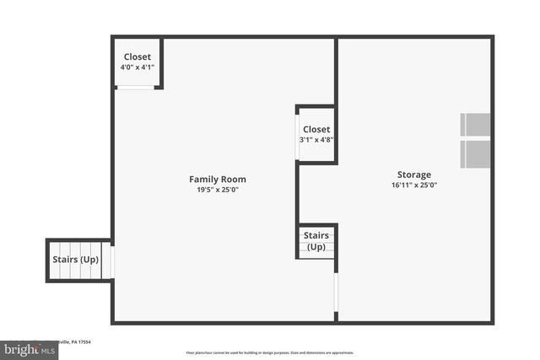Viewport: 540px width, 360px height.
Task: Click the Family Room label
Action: pos(218,179)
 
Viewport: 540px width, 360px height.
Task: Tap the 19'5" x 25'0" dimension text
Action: pos(218,190)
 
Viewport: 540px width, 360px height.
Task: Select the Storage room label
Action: pos(414,175)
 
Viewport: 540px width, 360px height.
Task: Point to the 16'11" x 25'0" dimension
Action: pos(414,185)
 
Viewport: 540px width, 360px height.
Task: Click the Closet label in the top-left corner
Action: pos(138,56)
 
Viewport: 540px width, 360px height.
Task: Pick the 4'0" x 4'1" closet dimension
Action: pos(138,67)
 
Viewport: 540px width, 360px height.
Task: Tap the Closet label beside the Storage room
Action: pos(316,129)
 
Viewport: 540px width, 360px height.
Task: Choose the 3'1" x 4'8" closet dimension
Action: pos(316,139)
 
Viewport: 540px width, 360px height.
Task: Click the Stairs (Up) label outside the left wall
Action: pos(76,260)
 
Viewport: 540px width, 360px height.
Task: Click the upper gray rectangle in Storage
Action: pos(475,125)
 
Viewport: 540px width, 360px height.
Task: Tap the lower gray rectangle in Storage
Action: pos(475,153)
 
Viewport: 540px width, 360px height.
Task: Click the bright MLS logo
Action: pos(30,349)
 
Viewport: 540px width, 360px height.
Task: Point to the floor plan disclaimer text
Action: pos(270,353)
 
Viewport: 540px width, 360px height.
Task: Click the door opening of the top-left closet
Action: pos(135,87)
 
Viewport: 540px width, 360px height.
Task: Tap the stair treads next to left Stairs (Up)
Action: pos(107,261)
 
